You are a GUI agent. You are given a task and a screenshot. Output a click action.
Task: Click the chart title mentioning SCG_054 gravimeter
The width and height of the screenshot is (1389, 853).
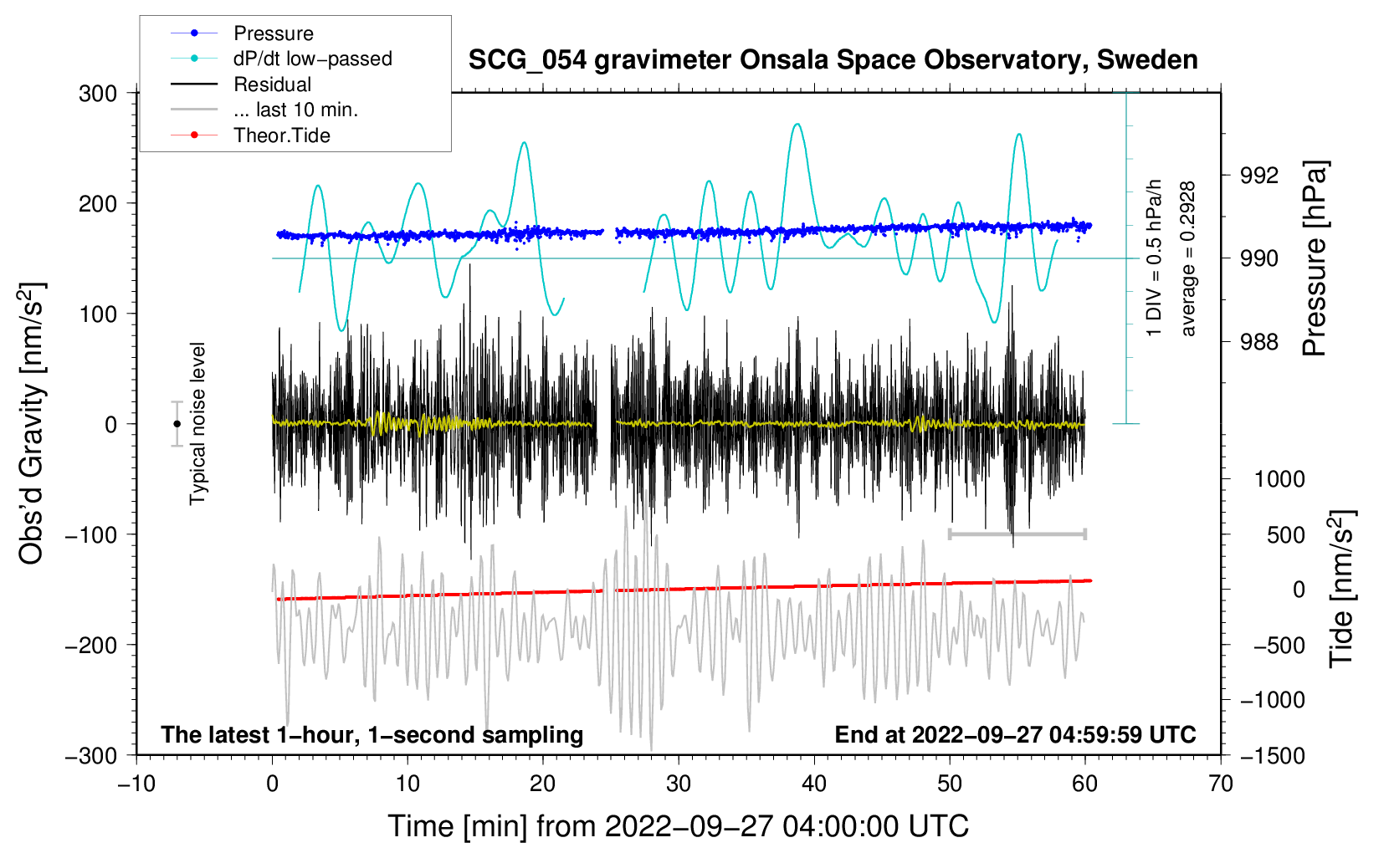coord(833,60)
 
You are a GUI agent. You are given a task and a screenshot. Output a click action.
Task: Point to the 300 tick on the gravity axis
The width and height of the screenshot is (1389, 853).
coord(98,94)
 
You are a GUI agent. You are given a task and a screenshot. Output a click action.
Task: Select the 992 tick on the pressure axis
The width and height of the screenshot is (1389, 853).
coord(1259,176)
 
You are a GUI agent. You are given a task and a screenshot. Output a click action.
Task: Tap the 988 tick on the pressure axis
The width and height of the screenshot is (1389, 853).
coord(1259,342)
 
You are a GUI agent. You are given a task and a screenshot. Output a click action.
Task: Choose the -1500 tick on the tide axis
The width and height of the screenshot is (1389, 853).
coord(1272,756)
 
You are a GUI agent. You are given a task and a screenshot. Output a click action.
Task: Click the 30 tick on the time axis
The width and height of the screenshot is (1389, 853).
coord(679,784)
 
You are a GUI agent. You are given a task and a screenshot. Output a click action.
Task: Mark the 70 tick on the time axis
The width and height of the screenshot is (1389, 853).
coord(1221,784)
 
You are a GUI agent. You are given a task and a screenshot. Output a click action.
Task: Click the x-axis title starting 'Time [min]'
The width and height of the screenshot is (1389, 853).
coord(678,826)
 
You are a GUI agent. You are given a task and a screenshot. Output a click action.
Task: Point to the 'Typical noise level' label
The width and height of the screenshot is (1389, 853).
coord(197,423)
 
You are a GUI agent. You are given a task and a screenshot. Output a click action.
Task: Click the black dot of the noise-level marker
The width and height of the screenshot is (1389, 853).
coord(177,424)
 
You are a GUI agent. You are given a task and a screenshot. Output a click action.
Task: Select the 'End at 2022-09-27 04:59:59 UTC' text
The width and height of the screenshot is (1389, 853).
coord(1015,735)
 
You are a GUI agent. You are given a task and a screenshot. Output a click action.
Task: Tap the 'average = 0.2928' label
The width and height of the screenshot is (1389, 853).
coord(1188,259)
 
